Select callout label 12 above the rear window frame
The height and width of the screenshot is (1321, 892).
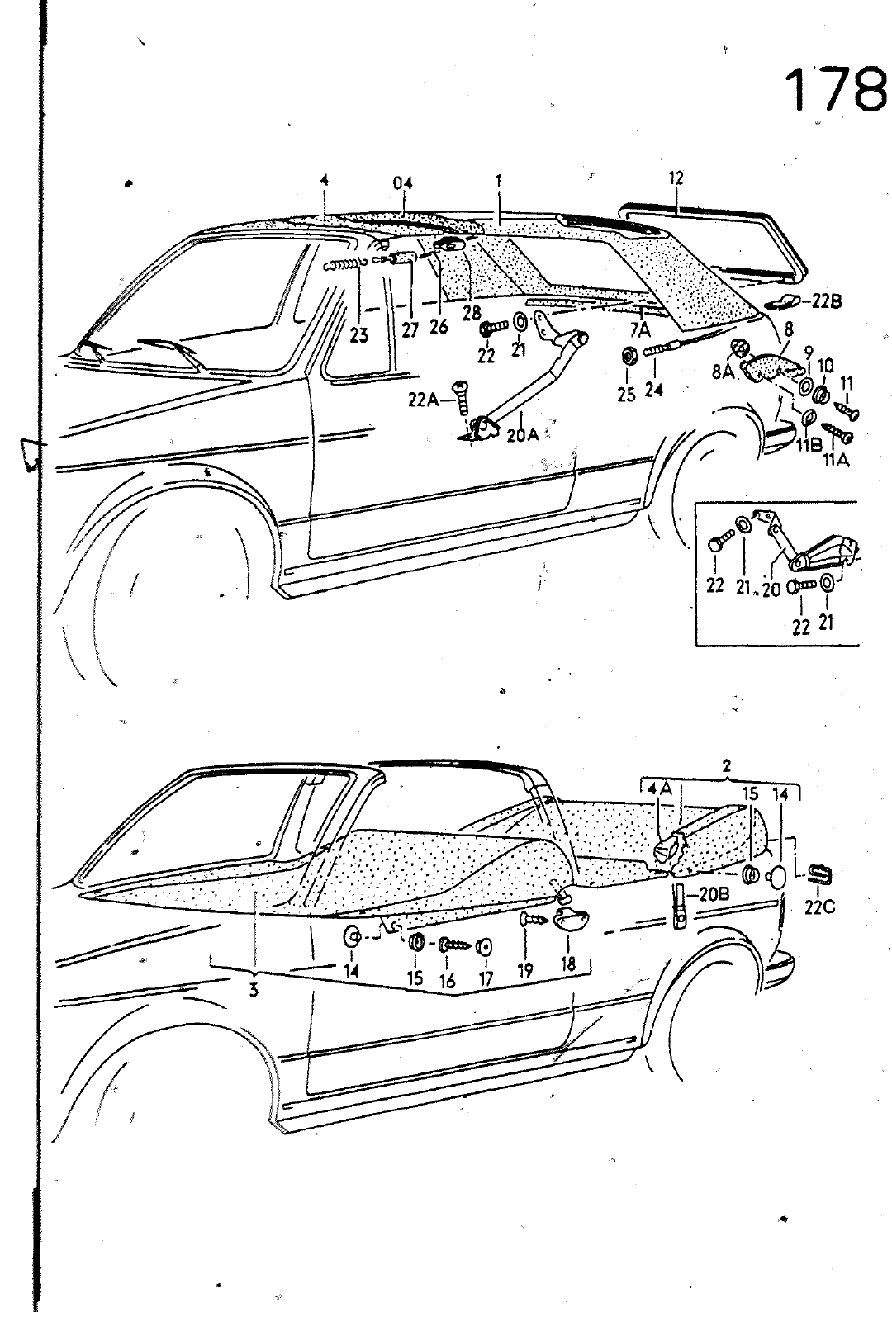(x=676, y=178)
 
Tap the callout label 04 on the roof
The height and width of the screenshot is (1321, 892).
(x=403, y=182)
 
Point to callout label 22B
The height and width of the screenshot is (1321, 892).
(x=825, y=301)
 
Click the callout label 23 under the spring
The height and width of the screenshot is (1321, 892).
(x=358, y=337)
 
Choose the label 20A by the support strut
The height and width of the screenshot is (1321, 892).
(x=521, y=435)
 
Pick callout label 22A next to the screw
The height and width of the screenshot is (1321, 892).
(x=423, y=400)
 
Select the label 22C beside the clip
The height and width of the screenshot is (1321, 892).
(x=819, y=907)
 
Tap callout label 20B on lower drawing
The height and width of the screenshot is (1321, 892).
(x=714, y=893)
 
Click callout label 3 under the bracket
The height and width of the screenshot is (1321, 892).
(x=253, y=991)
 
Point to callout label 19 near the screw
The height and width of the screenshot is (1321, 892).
(x=525, y=971)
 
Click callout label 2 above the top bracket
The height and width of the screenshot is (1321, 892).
(x=726, y=766)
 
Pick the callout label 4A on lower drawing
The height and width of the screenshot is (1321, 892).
(x=658, y=790)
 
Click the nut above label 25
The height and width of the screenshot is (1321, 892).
(x=627, y=356)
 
